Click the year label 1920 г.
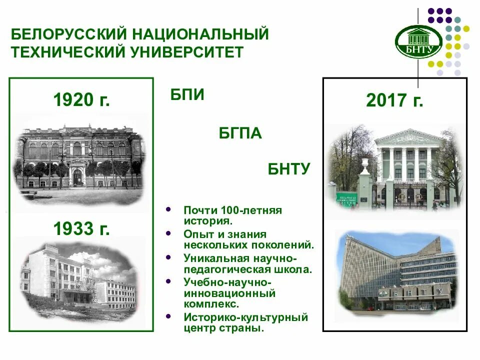pos(81,100)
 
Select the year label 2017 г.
pos(394,100)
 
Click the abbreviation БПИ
pos(187,95)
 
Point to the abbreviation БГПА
pos(240,133)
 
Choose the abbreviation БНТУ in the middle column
pos(289,169)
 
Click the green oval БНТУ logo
pos(418,41)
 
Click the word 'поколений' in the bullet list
pos(288,245)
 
